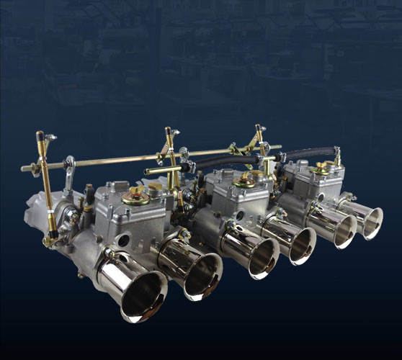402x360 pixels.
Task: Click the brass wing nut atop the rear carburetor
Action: coord(321,166)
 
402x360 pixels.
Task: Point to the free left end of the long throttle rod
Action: coord(25,168)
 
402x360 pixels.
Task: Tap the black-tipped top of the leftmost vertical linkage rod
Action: coord(40,135)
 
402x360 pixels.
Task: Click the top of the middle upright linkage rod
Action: coord(169,132)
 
